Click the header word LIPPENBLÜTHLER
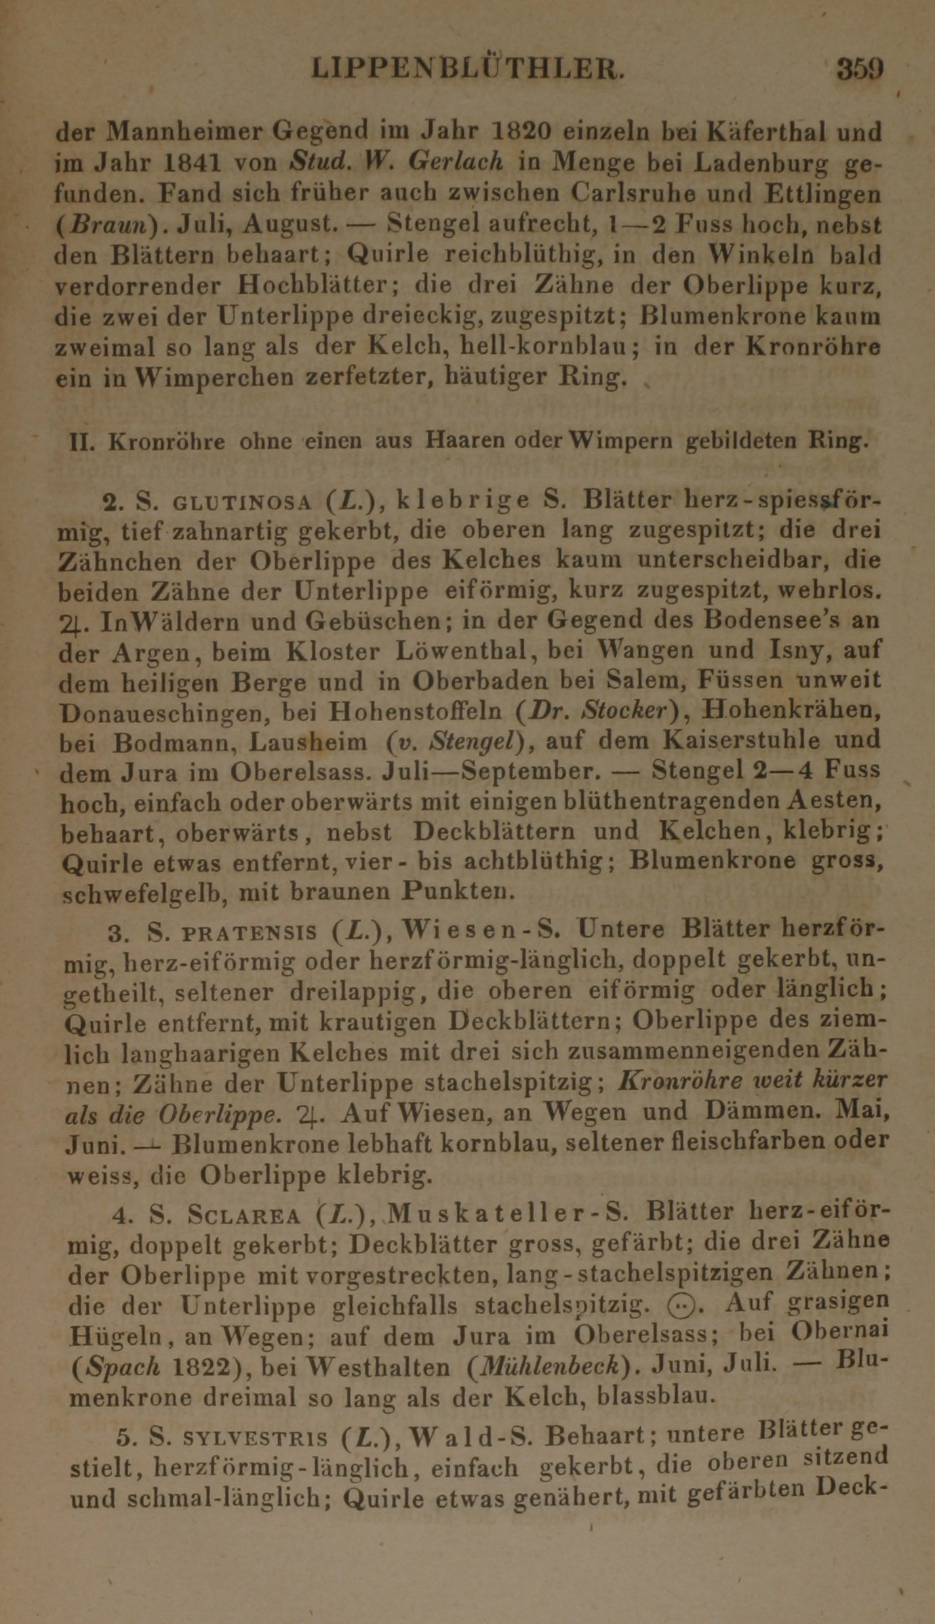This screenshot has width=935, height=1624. (x=467, y=69)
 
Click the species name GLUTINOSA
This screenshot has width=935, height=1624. (x=242, y=502)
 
